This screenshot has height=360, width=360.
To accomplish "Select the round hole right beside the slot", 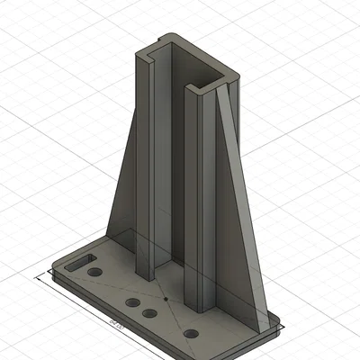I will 95,272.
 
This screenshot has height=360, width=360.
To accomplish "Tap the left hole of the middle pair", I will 133,302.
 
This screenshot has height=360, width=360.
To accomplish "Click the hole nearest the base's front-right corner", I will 191,334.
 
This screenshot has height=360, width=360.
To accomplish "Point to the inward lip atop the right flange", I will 192,88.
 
